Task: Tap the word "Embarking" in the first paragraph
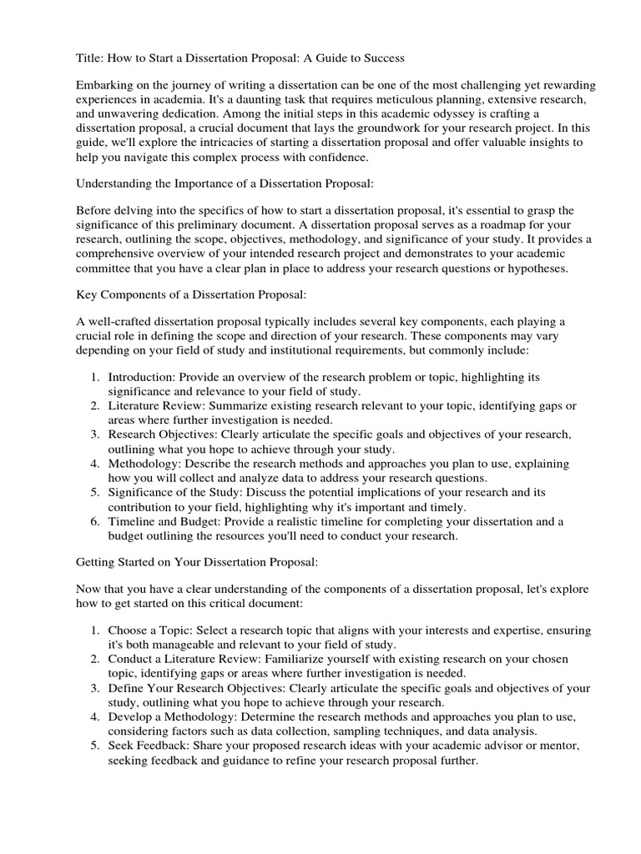click(105, 84)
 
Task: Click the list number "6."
click(96, 521)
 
